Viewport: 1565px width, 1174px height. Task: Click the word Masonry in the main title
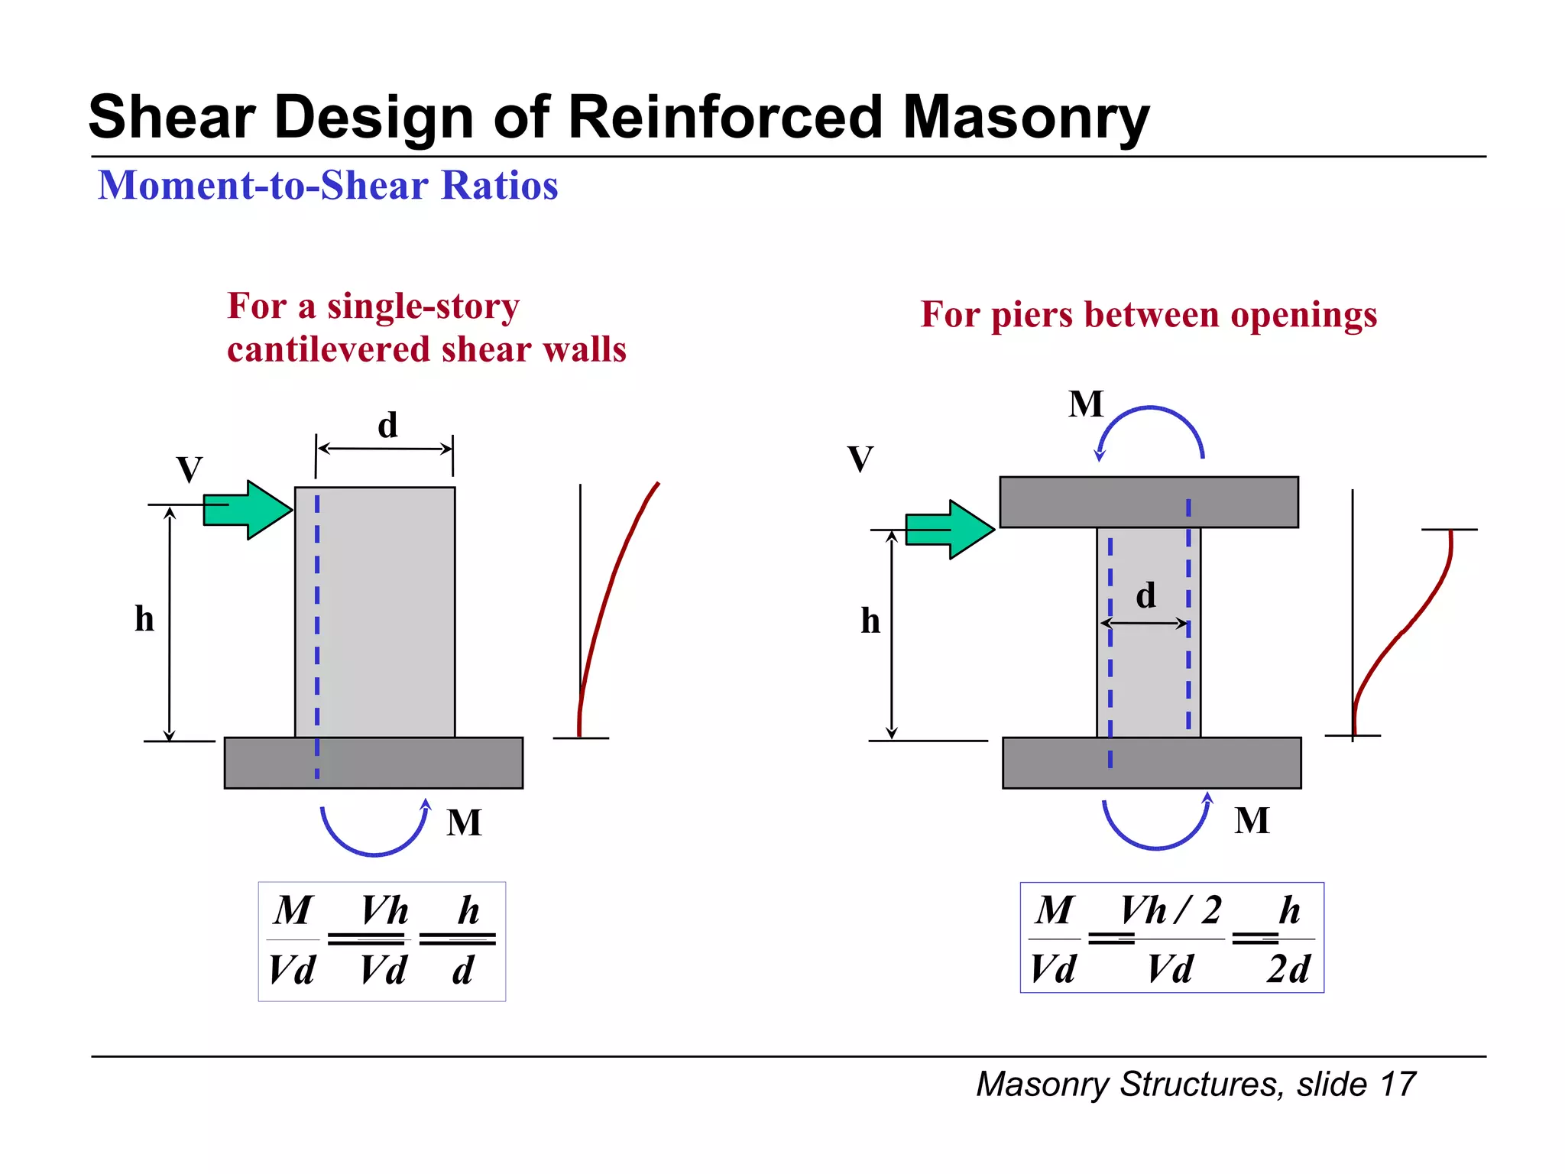[1026, 118]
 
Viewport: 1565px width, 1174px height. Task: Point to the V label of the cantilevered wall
[190, 469]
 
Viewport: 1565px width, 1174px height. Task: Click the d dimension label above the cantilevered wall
[387, 426]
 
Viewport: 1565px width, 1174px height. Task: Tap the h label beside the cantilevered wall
[144, 618]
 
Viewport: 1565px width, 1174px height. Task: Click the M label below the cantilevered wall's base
[464, 823]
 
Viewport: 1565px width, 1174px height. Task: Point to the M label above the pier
[1086, 404]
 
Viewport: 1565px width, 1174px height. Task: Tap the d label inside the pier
[1145, 595]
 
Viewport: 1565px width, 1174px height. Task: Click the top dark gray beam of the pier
[1149, 502]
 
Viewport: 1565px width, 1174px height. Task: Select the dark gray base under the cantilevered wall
[374, 763]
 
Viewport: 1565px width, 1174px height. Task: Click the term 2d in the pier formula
[1288, 969]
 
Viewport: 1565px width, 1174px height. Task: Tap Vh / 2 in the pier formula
[1170, 910]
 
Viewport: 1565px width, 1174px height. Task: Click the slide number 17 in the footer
[1398, 1085]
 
